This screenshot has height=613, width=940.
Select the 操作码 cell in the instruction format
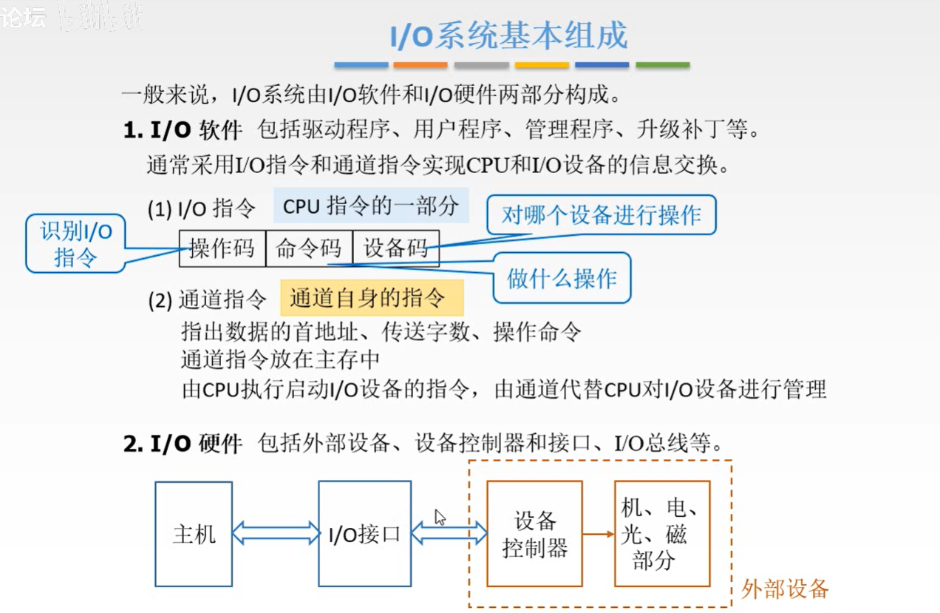222,248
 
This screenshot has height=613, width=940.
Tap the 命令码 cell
309,248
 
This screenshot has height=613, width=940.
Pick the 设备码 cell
396,248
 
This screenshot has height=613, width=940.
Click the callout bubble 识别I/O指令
75,244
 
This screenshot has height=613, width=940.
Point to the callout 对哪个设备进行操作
600,215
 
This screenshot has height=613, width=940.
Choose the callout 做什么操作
562,278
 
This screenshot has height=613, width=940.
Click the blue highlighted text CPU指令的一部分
371,206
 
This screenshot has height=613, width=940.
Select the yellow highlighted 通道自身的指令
371,298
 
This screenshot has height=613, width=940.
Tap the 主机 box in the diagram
194,534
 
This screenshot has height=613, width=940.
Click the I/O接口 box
364,534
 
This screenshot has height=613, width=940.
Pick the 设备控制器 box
535,534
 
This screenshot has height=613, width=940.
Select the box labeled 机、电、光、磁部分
661,534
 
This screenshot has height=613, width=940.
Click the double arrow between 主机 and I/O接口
275,533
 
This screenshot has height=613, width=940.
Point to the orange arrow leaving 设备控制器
598,533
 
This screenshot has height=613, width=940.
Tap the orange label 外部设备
785,589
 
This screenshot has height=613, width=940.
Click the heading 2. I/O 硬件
183,444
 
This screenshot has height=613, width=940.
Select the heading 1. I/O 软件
183,131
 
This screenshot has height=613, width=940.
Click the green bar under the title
662,65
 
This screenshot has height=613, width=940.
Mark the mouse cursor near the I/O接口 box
440,517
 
